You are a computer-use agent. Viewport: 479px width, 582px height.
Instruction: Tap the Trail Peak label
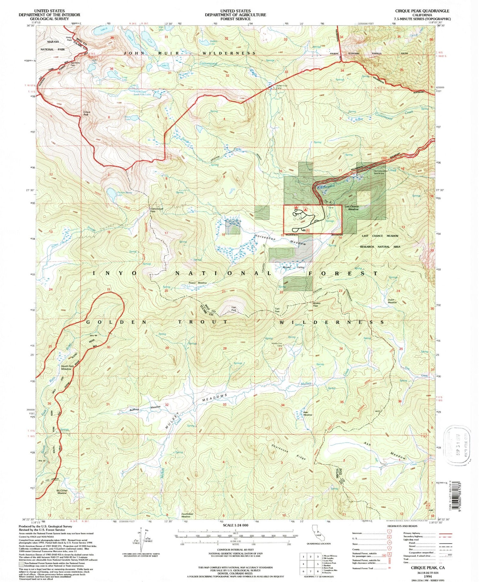pos(233,309)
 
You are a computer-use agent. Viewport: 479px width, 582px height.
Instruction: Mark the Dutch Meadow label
pos(392,301)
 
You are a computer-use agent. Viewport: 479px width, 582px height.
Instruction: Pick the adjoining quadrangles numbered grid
pos(310,564)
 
